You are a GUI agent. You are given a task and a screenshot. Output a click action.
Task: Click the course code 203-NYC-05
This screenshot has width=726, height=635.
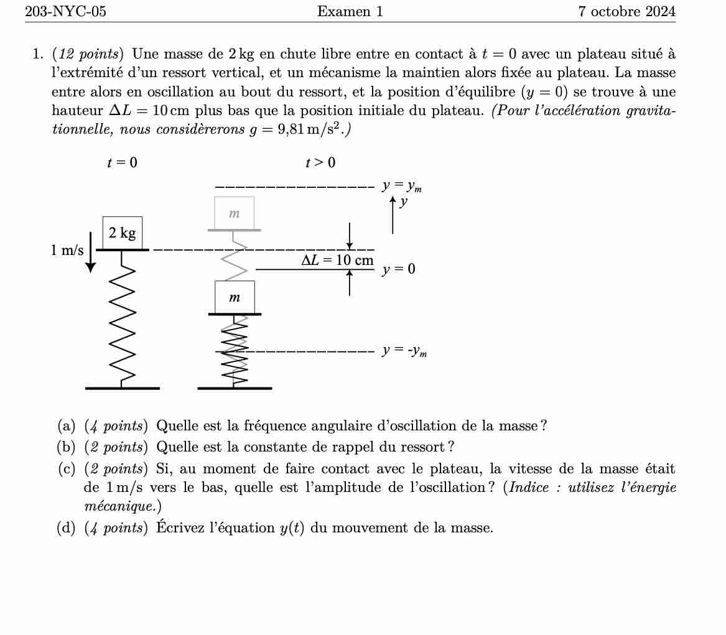coord(65,11)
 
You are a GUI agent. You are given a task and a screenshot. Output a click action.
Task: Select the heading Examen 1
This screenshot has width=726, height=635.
coord(350,11)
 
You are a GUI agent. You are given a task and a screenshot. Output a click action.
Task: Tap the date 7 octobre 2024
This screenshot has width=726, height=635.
coord(626,11)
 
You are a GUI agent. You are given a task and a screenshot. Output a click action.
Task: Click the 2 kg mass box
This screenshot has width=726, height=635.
coord(122,233)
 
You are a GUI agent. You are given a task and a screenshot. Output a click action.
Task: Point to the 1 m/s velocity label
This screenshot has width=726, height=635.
coord(67,250)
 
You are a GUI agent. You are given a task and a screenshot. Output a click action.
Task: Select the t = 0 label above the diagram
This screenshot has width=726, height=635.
coord(122,163)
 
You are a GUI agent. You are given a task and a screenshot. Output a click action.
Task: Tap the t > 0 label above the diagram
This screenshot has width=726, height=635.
coord(320,163)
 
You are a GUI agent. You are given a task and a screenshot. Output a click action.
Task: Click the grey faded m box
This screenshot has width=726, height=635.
coord(234,213)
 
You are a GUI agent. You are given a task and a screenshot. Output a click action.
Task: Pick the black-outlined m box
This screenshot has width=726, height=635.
coord(235,297)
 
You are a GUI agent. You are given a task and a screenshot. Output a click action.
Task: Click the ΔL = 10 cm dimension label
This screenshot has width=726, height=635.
coord(337,260)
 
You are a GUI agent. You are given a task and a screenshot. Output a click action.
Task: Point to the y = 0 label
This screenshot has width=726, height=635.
coord(399,269)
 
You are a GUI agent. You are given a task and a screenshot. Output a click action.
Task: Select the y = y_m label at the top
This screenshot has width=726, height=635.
coord(402,185)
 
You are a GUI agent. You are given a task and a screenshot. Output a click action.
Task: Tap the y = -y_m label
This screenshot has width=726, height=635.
coord(404,351)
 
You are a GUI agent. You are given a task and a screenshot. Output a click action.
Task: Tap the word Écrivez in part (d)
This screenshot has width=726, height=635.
coord(178,528)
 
